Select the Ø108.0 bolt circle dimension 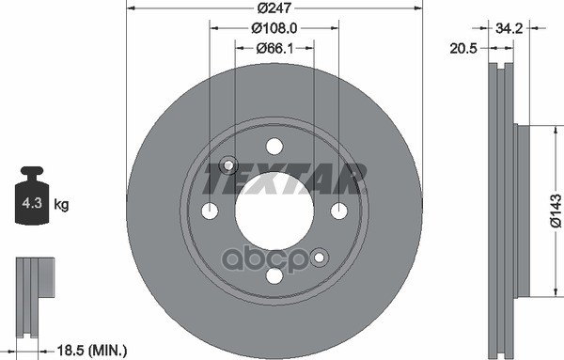coord(274,30)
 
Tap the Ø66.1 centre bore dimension coord(274,48)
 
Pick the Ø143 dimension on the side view coord(555,210)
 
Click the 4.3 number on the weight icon coord(32,202)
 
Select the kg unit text coord(61,203)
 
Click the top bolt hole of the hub coord(274,146)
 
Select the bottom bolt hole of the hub coord(274,275)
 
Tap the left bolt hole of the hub coord(210,211)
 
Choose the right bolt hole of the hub coord(338,211)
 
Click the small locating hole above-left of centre coord(227,165)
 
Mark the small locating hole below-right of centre coord(320,256)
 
